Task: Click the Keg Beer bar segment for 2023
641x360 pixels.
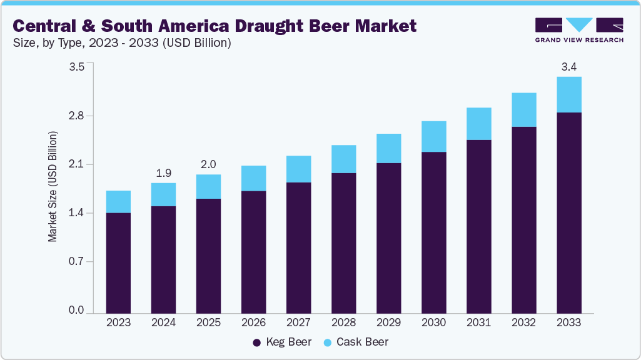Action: click(x=118, y=262)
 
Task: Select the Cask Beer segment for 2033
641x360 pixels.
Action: click(x=568, y=94)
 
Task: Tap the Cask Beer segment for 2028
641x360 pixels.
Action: click(x=343, y=159)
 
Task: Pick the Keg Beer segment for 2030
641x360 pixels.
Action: click(x=433, y=232)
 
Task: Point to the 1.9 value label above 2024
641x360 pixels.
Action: click(x=163, y=172)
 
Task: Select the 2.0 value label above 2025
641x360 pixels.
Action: click(x=208, y=164)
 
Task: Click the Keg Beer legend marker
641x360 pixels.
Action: click(x=256, y=342)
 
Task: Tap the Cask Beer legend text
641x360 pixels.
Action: click(x=362, y=342)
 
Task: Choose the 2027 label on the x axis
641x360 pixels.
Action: click(x=298, y=323)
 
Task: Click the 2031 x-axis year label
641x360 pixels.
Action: click(x=478, y=323)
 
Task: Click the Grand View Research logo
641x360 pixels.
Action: click(x=578, y=30)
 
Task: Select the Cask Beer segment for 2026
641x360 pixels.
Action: click(x=253, y=178)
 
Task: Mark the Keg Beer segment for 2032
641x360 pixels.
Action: click(x=523, y=219)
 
